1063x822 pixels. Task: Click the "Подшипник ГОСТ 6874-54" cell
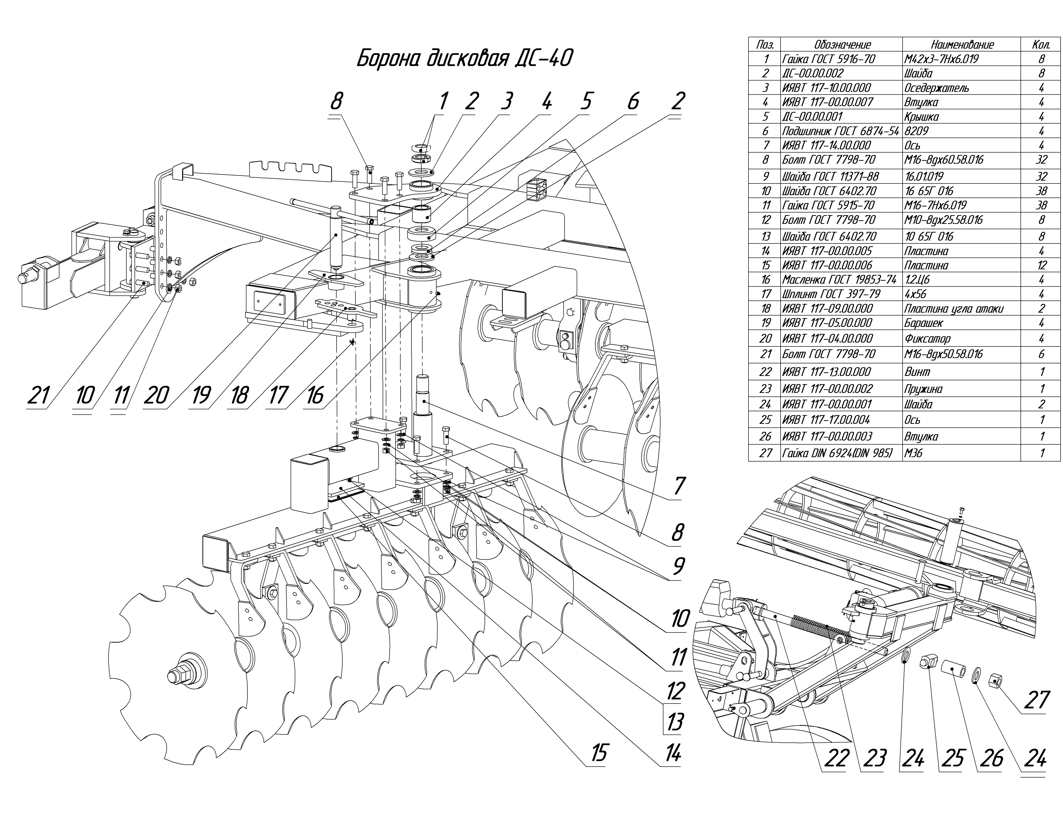point(840,131)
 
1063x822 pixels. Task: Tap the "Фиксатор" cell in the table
point(927,338)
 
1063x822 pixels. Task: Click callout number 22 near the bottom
point(836,758)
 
